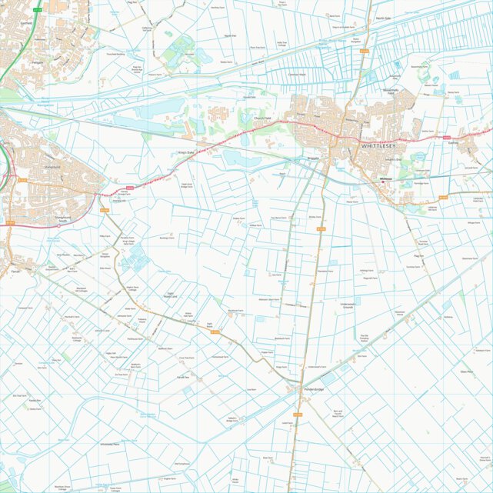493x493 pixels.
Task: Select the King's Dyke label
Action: [x=187, y=153]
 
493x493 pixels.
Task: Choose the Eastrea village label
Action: [x=451, y=142]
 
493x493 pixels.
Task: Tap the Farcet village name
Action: [x=16, y=271]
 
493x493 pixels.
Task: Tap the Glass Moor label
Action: [x=466, y=371]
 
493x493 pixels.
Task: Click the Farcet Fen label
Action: [x=183, y=377]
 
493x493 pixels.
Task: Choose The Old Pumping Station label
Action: [x=363, y=338]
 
